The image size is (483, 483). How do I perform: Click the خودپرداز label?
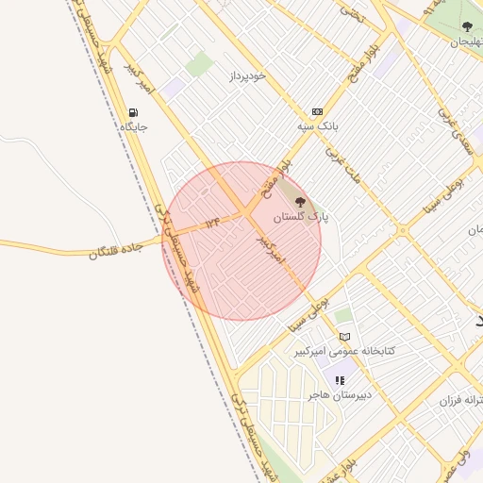247,75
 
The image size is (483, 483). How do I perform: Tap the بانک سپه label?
316,125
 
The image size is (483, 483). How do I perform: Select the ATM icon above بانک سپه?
316,110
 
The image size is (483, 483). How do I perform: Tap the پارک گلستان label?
302,217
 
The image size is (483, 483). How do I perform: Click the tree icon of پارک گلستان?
301,201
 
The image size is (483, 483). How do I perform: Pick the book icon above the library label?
345,337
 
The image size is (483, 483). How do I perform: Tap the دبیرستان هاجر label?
339,395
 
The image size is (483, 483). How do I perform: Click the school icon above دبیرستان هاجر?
339,380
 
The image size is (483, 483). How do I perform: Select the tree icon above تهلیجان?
467,27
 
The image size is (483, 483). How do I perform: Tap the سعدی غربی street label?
456,131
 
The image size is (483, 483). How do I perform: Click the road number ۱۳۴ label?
211,223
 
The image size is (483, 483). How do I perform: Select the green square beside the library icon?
343,316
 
